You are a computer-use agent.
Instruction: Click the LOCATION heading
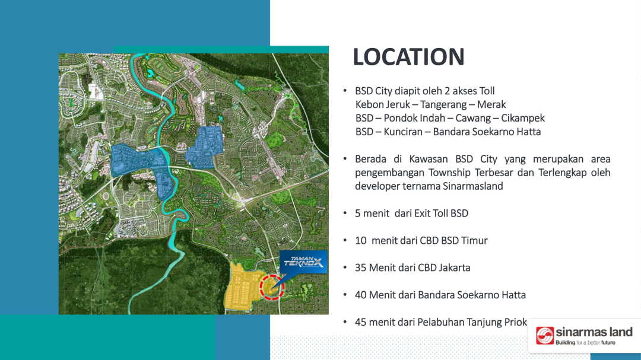(x=408, y=57)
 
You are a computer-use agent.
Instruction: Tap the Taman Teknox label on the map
(x=304, y=262)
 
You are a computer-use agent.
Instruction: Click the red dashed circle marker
(x=272, y=287)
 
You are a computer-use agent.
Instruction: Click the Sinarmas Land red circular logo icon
(x=545, y=336)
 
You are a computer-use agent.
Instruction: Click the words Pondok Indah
(x=414, y=118)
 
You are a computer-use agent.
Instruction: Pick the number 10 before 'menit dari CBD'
(x=361, y=241)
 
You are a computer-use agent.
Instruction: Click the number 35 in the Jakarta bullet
(x=361, y=267)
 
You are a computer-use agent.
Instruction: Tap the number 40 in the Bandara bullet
(x=361, y=295)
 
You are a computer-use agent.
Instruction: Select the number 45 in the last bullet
(x=361, y=323)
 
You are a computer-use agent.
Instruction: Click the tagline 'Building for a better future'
(x=585, y=342)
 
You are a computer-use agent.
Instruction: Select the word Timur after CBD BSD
(x=475, y=241)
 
